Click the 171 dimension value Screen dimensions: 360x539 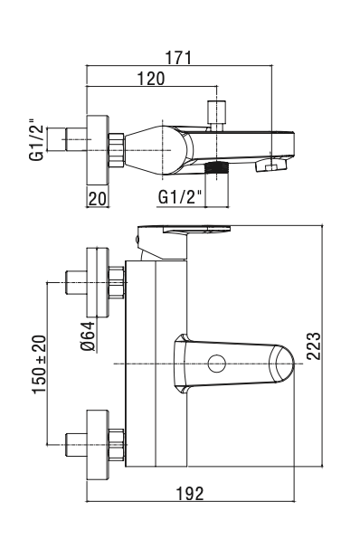(178, 57)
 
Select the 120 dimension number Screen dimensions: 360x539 (151, 79)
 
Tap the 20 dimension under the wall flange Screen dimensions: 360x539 (98, 199)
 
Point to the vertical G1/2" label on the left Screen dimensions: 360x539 (37, 139)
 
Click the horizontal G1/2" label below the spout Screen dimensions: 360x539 (179, 197)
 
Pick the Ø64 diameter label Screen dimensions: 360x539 (89, 336)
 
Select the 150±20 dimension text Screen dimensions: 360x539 (39, 364)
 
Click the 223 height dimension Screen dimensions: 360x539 (313, 346)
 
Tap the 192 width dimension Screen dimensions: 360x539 (190, 494)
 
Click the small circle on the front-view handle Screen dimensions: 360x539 (217, 364)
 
